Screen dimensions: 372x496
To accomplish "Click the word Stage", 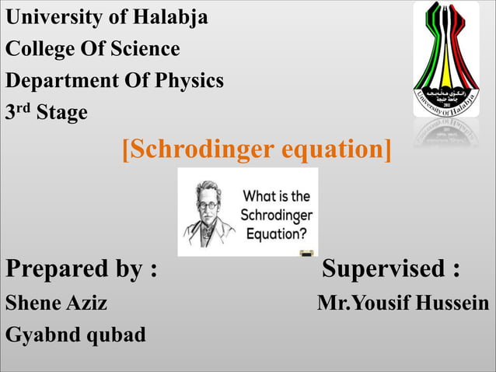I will [62, 113].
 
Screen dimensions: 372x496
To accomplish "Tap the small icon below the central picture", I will [306, 252].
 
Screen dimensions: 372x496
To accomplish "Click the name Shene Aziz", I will [56, 303].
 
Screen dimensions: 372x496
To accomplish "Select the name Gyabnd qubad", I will [75, 335].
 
